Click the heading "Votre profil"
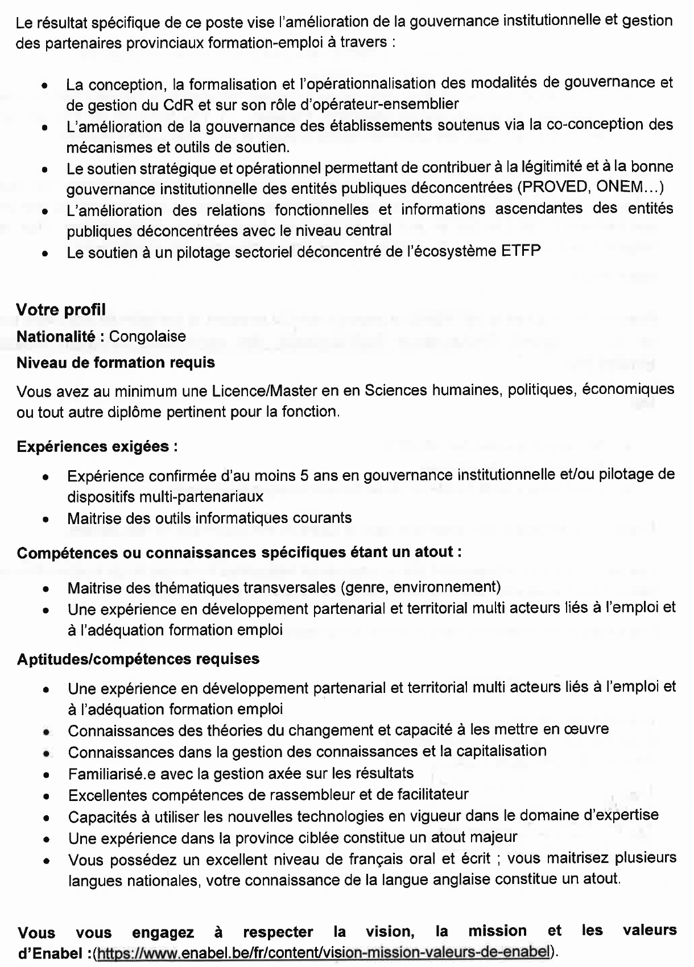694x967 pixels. click(x=61, y=310)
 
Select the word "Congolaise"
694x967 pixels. click(x=147, y=337)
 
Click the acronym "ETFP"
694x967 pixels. click(x=521, y=251)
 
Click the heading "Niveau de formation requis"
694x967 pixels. click(x=116, y=363)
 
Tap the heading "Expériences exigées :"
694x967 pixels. click(x=97, y=447)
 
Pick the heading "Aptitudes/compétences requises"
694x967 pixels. click(x=138, y=659)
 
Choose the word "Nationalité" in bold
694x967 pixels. click(x=55, y=337)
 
